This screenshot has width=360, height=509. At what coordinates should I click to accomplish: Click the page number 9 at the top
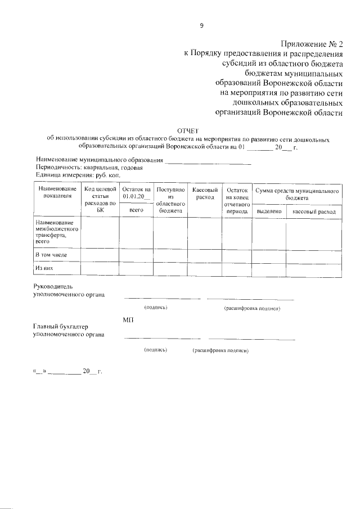click(201, 25)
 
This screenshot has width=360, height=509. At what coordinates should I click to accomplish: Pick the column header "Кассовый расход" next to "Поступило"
click(205, 193)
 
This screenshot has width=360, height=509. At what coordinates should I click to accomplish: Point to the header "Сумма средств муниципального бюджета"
click(296, 193)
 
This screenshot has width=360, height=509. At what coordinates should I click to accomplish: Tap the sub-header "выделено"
click(269, 211)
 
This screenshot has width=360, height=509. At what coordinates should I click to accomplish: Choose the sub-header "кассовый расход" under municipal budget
click(314, 211)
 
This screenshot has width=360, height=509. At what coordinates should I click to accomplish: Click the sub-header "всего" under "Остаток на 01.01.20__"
click(135, 209)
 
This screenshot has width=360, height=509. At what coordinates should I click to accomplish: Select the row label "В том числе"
click(51, 255)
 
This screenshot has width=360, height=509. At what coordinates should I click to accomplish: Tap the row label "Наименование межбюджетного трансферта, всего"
click(56, 232)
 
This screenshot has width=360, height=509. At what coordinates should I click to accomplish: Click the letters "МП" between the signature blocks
click(128, 319)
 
